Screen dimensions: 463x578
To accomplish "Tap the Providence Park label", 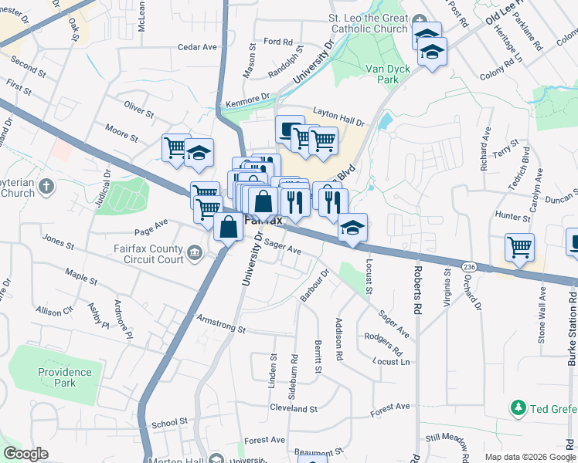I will pyautogui.click(x=65, y=377).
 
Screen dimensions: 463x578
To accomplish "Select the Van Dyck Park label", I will pyautogui.click(x=388, y=74).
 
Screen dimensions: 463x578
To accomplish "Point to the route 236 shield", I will pyautogui.click(x=467, y=266).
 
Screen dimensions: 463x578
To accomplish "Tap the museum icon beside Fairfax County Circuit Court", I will pyautogui.click(x=195, y=252).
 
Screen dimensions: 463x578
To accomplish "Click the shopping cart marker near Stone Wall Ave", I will pyautogui.click(x=519, y=248).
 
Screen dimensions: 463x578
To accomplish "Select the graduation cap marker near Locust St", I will pyautogui.click(x=352, y=228).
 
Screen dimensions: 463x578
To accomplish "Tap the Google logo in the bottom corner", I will pyautogui.click(x=25, y=454).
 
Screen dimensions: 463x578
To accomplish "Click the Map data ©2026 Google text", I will pyautogui.click(x=530, y=457).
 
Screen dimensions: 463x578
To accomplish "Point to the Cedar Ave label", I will pyautogui.click(x=197, y=47).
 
